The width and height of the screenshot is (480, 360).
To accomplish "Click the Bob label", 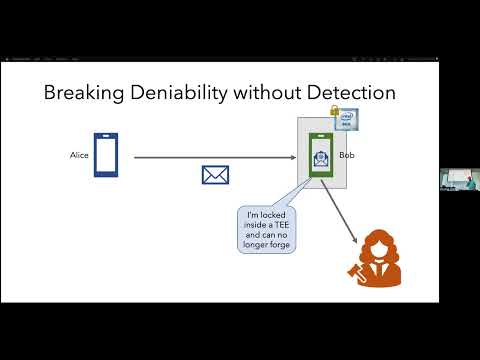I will tap(374, 156).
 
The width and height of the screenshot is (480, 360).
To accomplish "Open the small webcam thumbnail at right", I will tap(458, 178).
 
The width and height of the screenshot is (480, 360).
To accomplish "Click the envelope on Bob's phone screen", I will tap(319, 159).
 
